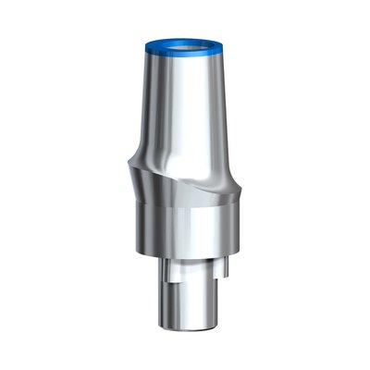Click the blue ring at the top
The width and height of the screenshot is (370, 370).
pos(185,55)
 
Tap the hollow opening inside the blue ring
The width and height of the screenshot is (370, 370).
pos(186,43)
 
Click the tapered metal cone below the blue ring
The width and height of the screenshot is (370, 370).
pos(190,111)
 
